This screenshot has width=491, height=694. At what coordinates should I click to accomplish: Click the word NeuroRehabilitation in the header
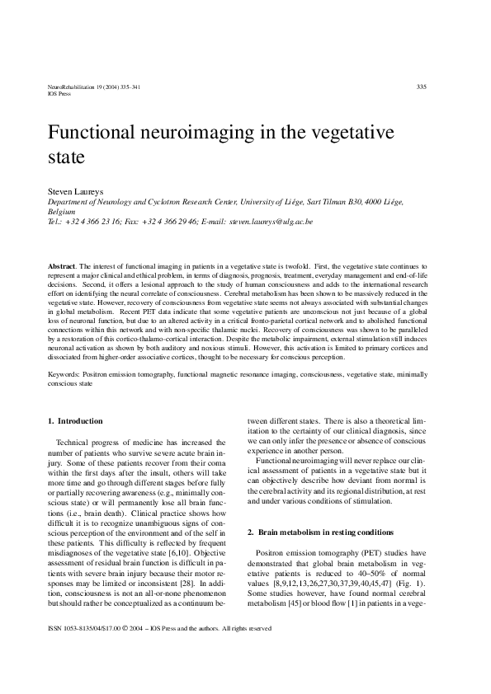coord(68,87)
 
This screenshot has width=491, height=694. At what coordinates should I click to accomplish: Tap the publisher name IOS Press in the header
coord(60,94)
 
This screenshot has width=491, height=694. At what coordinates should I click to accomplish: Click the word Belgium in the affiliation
coord(61,211)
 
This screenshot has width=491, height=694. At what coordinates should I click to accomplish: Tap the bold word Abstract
coord(64,268)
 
